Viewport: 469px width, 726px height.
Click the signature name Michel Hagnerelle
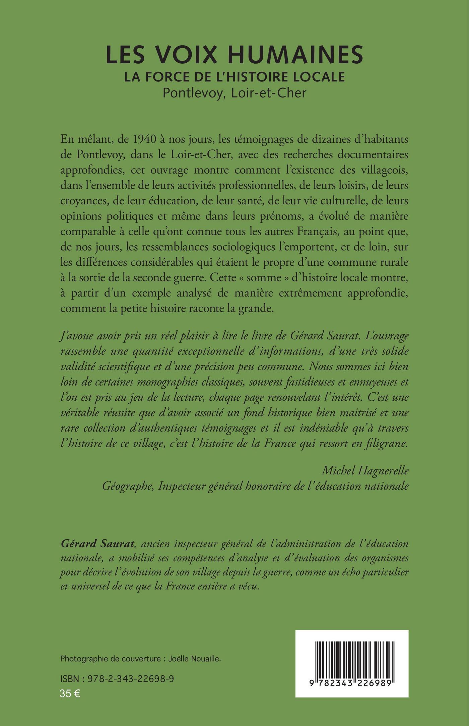(x=365, y=471)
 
